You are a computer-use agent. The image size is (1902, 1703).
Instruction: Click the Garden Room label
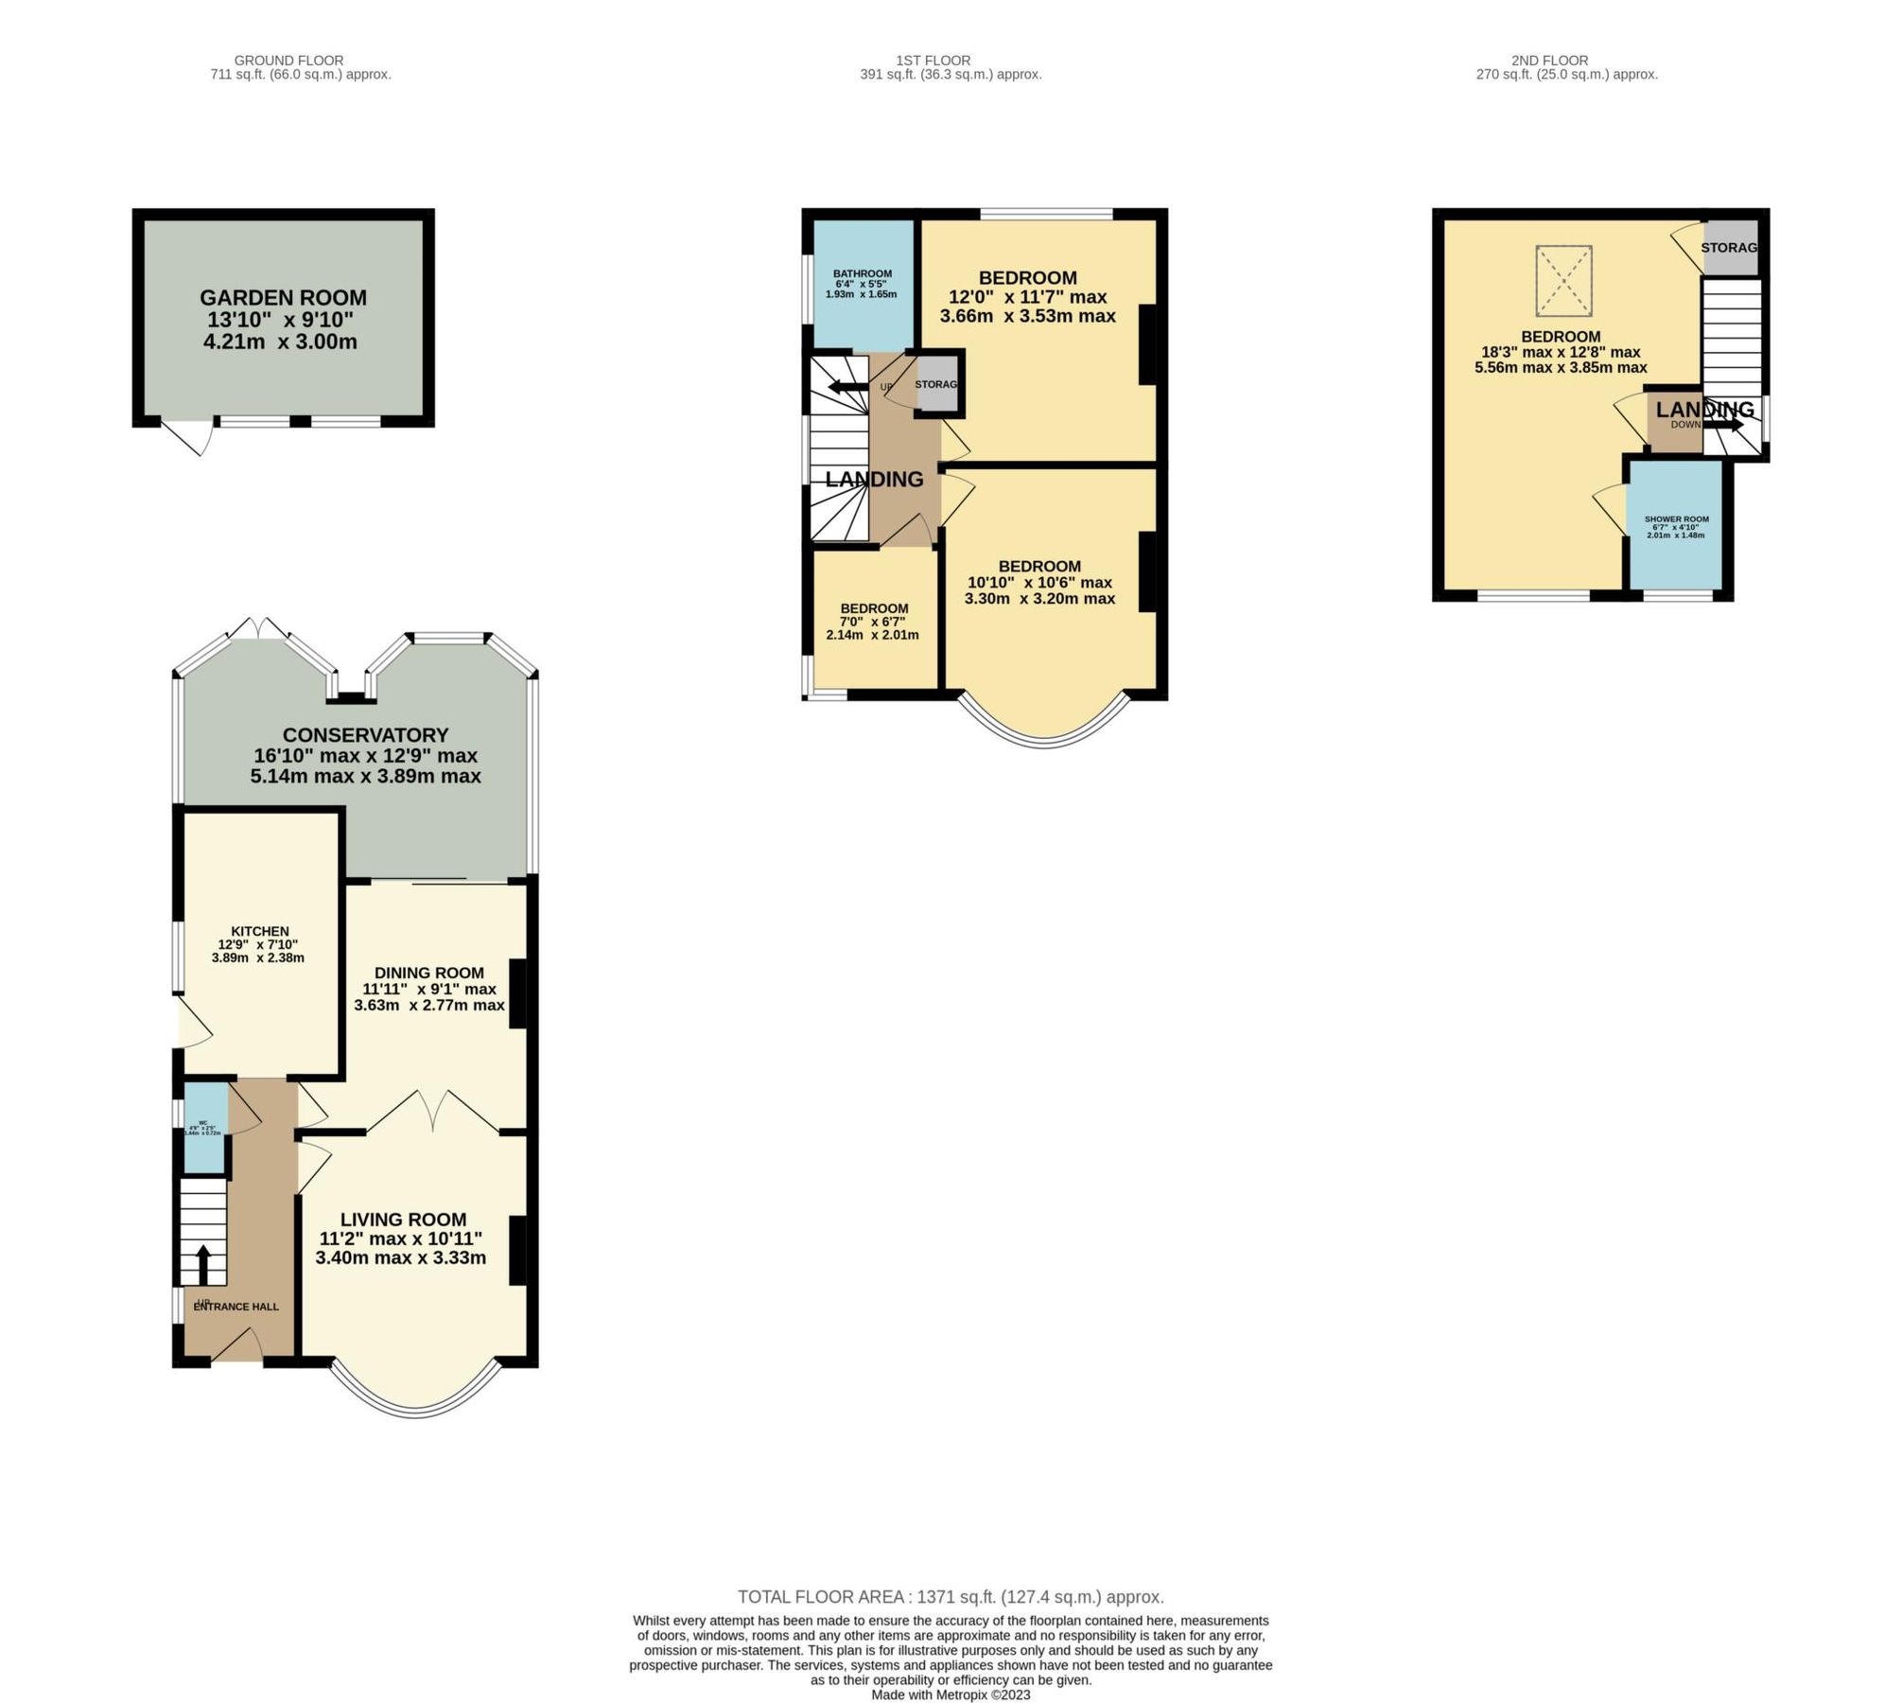(x=283, y=298)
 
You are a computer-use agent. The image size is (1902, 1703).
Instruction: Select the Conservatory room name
(x=365, y=735)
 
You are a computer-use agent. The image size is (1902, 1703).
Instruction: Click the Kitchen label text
(x=260, y=931)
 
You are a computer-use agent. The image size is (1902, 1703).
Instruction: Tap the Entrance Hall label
(x=236, y=1307)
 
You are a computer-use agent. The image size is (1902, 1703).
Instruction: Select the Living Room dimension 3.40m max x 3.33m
(x=401, y=1257)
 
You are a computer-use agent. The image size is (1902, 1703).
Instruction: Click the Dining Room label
(x=428, y=973)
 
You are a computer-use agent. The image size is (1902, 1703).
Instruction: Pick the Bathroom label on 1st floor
(x=862, y=273)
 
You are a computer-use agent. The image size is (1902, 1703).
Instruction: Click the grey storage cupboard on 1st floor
(x=936, y=384)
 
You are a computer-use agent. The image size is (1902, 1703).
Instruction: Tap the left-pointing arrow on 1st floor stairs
(x=846, y=386)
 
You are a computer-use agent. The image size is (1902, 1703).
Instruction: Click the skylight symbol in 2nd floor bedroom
(x=1563, y=281)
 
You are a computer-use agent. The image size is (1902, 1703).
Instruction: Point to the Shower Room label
(x=1676, y=519)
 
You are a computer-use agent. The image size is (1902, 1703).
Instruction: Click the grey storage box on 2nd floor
(x=1730, y=248)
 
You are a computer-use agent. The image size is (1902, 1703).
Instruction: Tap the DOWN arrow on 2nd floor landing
(x=1723, y=426)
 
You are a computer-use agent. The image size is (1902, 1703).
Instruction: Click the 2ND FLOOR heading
(x=1549, y=61)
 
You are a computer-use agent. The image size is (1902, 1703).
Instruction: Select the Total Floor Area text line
(x=951, y=1597)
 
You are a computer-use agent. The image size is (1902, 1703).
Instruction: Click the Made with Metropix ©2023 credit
(x=951, y=1694)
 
